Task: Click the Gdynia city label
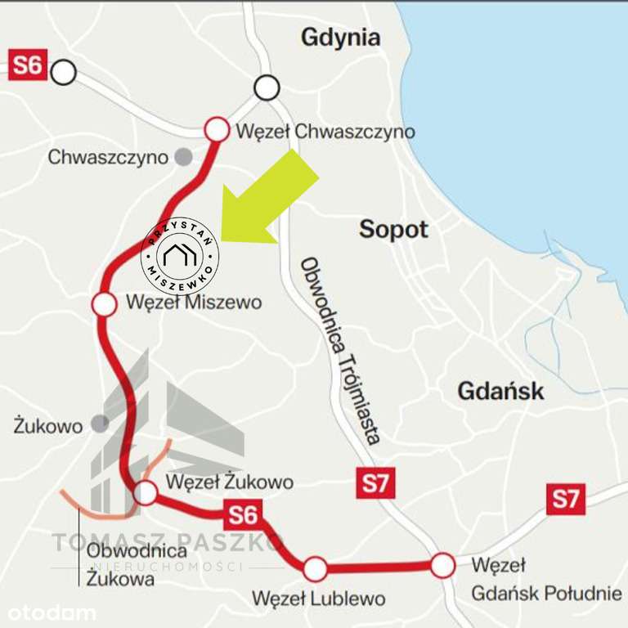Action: (341, 38)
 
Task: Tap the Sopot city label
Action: (393, 230)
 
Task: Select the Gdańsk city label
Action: (500, 390)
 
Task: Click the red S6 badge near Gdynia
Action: (27, 65)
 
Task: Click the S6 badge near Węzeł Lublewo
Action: (243, 515)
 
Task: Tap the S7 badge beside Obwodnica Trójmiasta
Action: (376, 483)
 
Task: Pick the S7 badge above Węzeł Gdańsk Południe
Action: (565, 499)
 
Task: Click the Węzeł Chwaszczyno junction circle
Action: (217, 129)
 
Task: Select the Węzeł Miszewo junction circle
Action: (105, 304)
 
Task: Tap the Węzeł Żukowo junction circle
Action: (145, 492)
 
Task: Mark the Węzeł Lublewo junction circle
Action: (315, 568)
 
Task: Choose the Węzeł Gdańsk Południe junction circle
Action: (442, 564)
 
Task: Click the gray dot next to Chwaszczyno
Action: (186, 156)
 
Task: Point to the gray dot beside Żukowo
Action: (100, 424)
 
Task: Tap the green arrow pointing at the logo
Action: (270, 200)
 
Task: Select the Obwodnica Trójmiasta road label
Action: (340, 350)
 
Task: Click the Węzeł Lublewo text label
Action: (318, 599)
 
